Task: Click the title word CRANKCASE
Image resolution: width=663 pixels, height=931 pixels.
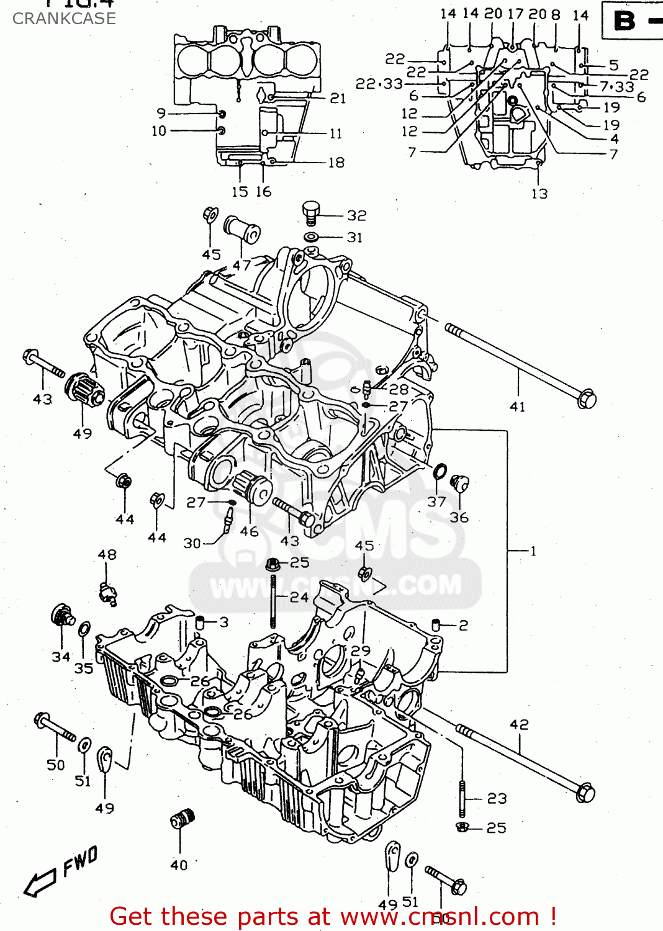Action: (64, 19)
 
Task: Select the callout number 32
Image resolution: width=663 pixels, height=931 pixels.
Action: (356, 215)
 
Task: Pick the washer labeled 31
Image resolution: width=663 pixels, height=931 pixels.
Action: (312, 236)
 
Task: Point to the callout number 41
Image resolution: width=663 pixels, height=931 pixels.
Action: (517, 407)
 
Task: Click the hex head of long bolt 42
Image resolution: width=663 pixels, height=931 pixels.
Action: (585, 793)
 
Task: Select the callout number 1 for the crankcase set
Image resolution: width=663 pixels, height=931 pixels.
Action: (533, 551)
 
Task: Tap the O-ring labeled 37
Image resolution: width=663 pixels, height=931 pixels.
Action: (440, 472)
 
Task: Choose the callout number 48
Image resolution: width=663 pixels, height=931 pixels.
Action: (107, 554)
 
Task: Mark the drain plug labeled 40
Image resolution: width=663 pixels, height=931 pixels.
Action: (183, 820)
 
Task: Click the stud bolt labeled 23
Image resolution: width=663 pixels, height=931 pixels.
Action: (462, 799)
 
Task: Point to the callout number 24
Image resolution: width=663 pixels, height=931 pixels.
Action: (299, 597)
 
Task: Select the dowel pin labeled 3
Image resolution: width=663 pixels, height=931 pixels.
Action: (200, 623)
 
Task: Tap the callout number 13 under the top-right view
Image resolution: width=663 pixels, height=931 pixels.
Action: (539, 194)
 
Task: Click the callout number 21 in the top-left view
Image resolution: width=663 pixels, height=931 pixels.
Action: (338, 98)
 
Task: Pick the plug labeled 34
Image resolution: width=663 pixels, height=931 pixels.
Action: (61, 616)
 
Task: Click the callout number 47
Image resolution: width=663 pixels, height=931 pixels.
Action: (241, 265)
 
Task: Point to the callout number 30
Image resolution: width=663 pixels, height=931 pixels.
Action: (192, 543)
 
